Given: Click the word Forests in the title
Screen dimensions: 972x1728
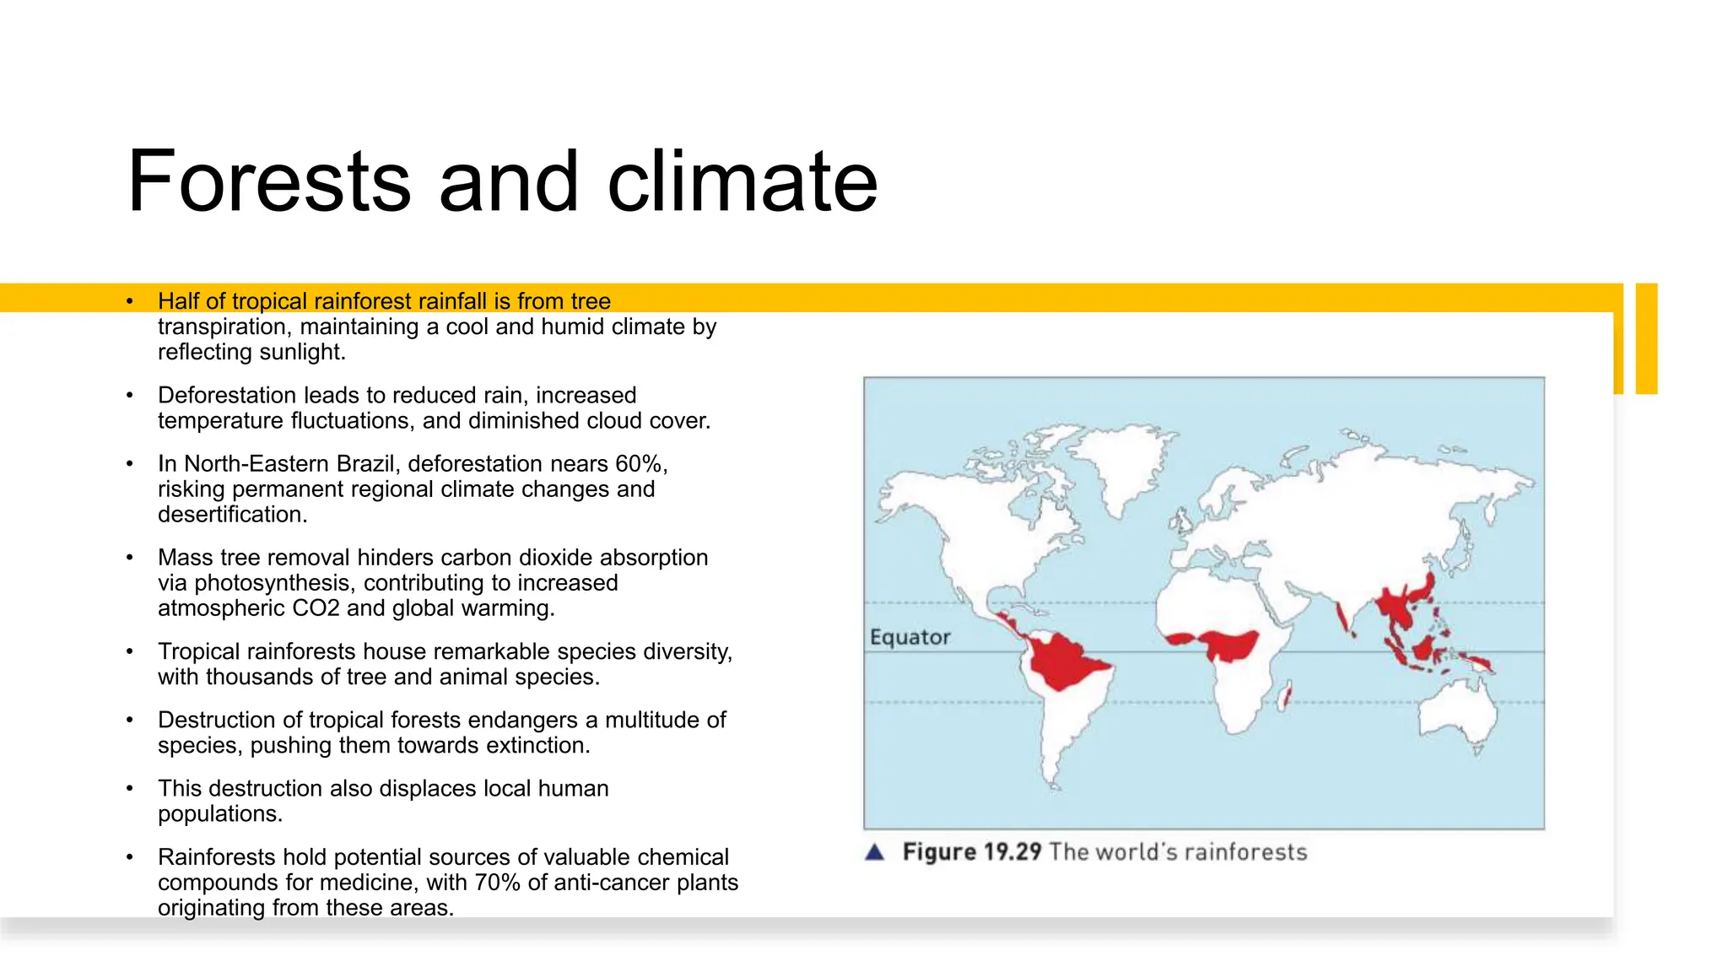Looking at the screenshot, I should (269, 181).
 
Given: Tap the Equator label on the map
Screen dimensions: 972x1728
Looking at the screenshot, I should (910, 637).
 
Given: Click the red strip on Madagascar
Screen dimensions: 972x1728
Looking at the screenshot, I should (1285, 698).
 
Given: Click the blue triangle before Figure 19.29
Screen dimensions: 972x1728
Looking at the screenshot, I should (875, 852).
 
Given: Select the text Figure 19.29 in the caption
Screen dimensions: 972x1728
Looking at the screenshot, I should (972, 852).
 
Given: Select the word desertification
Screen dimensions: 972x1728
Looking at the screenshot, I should (232, 515).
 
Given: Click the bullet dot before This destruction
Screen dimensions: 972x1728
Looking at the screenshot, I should (130, 789).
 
